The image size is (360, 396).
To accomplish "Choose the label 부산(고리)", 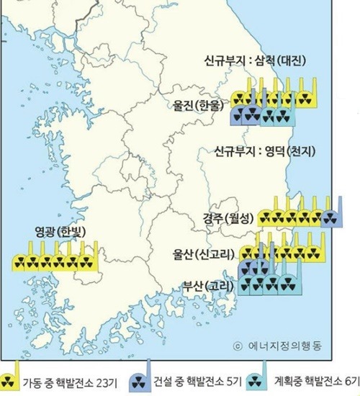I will coord(208,286).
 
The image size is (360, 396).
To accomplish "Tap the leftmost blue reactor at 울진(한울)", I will coord(237,115).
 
